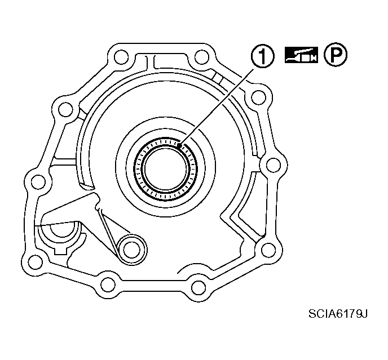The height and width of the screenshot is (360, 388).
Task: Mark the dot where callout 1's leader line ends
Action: pos(179,145)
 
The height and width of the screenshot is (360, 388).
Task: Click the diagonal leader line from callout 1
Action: pos(217,105)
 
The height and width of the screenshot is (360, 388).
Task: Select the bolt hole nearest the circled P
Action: pos(258,99)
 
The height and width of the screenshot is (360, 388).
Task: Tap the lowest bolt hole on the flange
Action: pos(197,287)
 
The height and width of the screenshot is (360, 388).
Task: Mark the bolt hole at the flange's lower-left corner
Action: pos(35,261)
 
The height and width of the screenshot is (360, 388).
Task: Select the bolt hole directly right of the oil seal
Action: pos(272,165)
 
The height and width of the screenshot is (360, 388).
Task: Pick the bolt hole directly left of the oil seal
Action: pos(37,181)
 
